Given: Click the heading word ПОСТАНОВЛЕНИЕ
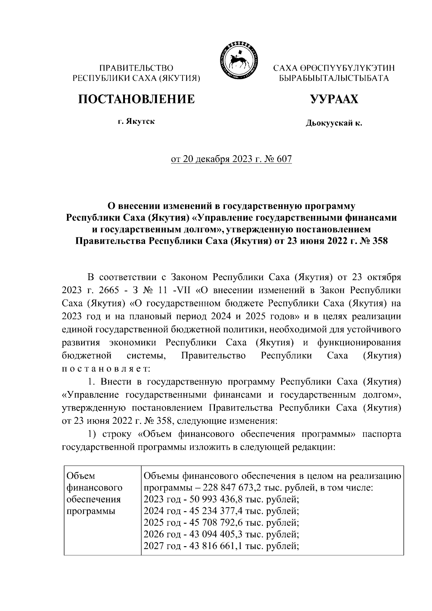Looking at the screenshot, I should pyautogui.click(x=137, y=99).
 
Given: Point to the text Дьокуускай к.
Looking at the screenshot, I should pyautogui.click(x=334, y=123).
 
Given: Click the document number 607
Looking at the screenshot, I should pyautogui.click(x=284, y=159).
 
